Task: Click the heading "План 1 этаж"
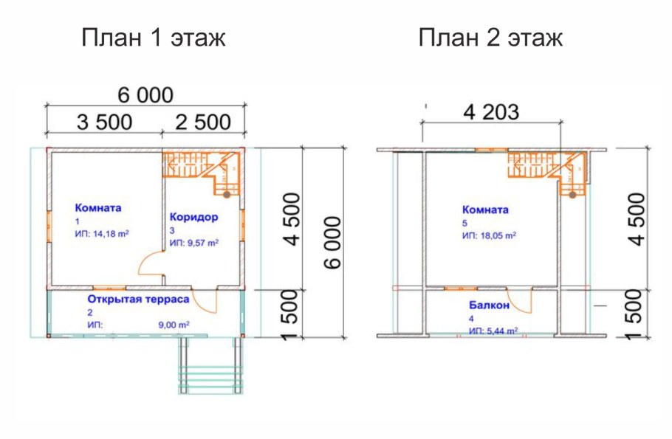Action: coord(153,38)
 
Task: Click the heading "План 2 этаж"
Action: coord(490,38)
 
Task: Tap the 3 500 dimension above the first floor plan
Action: coord(104,122)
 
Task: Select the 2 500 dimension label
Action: coord(203,122)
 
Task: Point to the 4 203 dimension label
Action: coord(491,112)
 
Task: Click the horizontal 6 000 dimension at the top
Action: coord(145,95)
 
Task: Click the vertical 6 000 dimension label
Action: coord(332,243)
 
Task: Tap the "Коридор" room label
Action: coord(193,217)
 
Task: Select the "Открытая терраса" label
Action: coord(138,299)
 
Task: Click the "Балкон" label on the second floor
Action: coord(489,305)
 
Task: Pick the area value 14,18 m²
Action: coord(111,235)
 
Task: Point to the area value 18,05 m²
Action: coord(498,235)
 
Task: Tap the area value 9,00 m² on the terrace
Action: coord(174,325)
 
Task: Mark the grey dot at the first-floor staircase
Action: coord(226,195)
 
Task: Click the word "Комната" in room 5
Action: coord(485,210)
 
